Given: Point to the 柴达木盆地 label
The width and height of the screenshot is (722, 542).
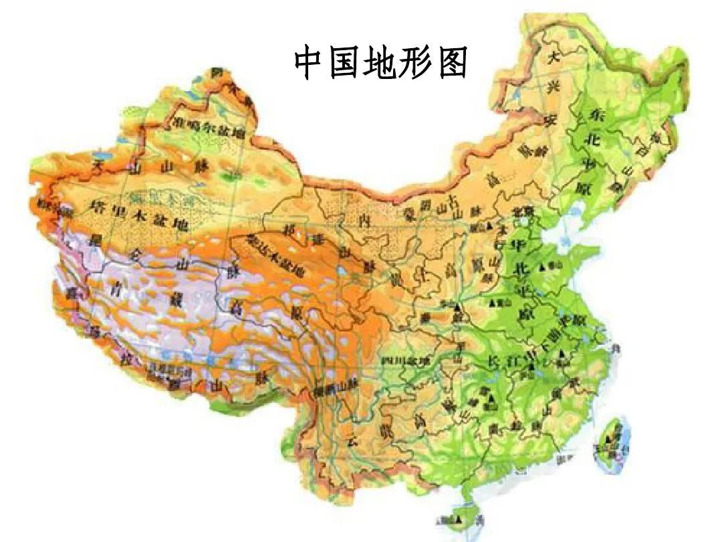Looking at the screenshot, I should [275, 256].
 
